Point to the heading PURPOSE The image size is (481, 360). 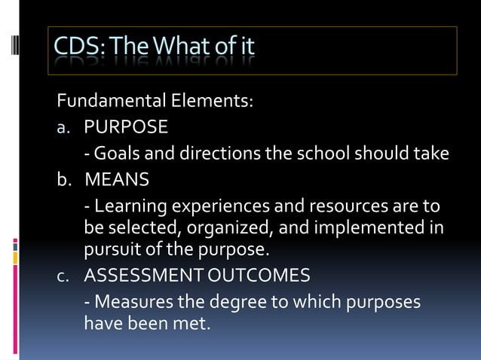(126, 126)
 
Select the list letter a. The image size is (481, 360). (64, 127)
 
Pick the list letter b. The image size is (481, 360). (64, 180)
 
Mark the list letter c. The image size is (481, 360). (64, 276)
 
